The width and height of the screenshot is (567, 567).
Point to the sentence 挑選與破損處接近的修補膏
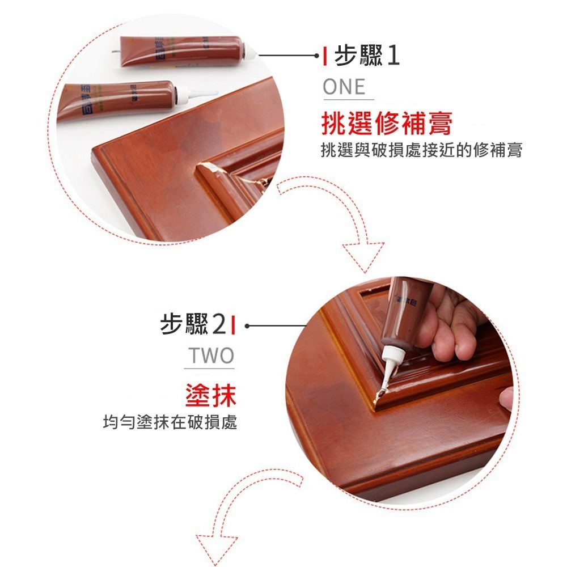[421, 150]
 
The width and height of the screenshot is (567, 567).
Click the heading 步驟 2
[193, 325]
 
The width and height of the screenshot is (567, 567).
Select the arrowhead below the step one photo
[363, 253]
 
